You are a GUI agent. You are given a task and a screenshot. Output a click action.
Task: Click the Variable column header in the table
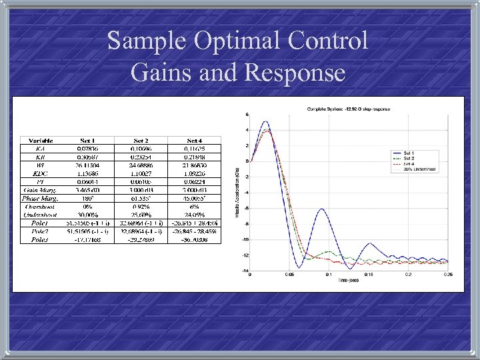(40, 141)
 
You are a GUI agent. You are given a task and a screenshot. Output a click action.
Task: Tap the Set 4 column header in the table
(195, 141)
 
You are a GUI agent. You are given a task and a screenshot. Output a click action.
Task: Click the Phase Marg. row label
(40, 197)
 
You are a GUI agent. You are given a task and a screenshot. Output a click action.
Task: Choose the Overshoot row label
(40, 207)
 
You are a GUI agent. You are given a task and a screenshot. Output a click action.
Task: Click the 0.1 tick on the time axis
(328, 274)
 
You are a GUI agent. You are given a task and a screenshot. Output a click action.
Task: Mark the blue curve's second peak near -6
(323, 209)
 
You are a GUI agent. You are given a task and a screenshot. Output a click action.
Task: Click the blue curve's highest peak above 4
(265, 121)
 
